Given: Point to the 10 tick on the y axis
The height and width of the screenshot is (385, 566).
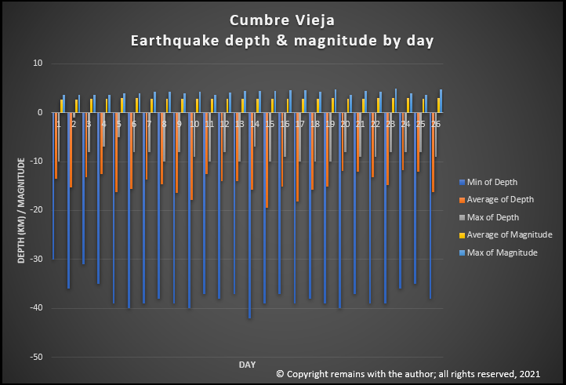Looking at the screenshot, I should coord(37,64).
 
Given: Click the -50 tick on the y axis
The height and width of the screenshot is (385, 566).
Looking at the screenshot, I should coord(34,357).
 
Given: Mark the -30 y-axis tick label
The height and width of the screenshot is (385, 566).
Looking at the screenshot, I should coord(34,260).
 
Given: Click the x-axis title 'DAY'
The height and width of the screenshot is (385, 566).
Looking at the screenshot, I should coord(247,365).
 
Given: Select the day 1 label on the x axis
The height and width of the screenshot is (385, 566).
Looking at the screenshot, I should coord(58,124).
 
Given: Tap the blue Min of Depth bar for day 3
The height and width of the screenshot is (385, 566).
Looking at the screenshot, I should coord(83,188).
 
